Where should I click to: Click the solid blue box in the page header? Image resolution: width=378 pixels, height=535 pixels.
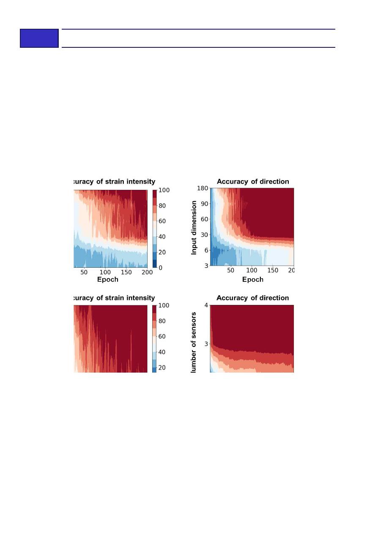[x=39, y=38]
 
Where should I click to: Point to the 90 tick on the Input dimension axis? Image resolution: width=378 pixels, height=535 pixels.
[x=205, y=203]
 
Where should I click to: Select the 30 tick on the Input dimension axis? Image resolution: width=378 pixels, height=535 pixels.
[x=205, y=234]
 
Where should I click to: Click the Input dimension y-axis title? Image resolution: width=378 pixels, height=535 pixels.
[x=194, y=228]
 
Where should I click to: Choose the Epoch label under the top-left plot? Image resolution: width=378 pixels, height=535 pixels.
[x=108, y=280]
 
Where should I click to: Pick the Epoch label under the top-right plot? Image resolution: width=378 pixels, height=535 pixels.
[x=252, y=280]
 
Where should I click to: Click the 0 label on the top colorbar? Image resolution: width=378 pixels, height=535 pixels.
[x=161, y=268]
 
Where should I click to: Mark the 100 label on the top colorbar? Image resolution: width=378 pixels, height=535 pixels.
[x=164, y=190]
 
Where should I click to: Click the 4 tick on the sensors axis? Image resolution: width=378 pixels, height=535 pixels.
[x=206, y=305]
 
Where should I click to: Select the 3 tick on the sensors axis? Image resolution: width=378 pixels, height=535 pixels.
[x=206, y=344]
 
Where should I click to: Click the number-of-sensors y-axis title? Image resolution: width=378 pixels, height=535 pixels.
[x=194, y=343]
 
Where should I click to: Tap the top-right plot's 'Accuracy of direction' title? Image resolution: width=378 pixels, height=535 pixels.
[x=253, y=181]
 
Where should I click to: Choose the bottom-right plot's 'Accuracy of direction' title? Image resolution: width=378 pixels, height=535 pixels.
[x=252, y=298]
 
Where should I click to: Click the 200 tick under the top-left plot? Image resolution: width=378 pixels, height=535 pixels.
[x=147, y=272]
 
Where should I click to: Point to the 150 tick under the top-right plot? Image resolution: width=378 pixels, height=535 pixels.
[x=273, y=270]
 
